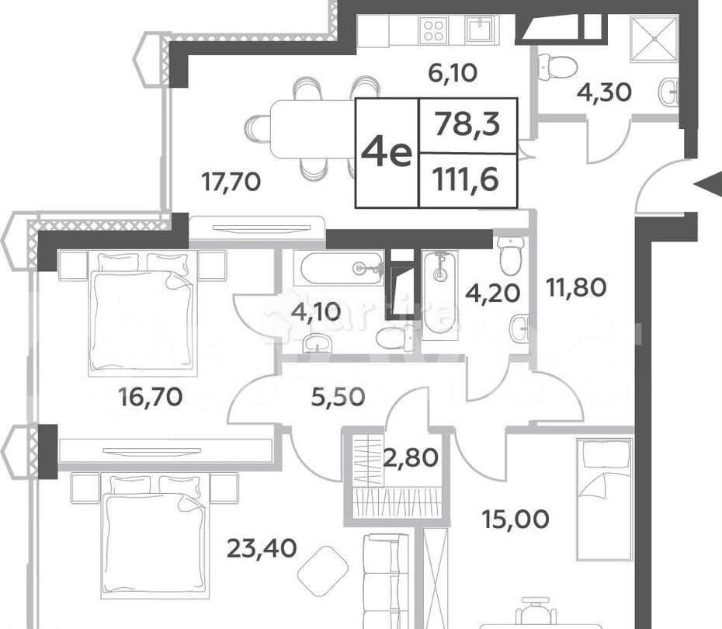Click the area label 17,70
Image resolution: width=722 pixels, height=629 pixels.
coord(231,182)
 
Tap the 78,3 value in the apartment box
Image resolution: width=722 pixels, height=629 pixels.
coord(467,123)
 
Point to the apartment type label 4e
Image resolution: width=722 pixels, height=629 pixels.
coord(387,153)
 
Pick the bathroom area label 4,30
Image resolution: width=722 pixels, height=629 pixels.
coord(604,92)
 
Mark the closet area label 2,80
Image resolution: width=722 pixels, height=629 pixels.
coord(411,457)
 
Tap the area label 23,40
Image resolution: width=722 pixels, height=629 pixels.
coord(262,549)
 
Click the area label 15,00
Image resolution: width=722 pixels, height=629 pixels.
coord(514,518)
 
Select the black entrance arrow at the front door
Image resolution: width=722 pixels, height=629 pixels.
coord(708,184)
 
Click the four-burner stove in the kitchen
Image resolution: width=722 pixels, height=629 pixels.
coord(433,30)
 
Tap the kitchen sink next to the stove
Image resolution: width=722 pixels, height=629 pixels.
coord(479,30)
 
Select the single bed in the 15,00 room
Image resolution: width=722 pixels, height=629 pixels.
coord(604,497)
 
